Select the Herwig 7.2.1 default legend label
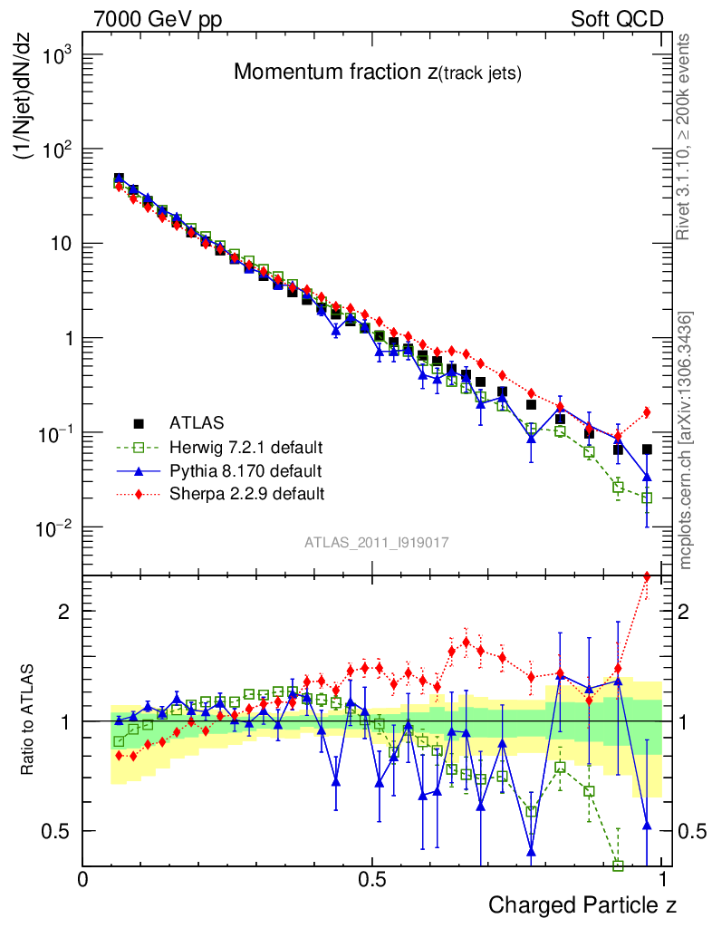[x=246, y=447]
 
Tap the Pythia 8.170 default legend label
[x=245, y=470]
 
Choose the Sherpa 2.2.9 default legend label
[x=247, y=494]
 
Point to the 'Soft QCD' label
[x=617, y=19]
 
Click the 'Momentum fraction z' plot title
[x=378, y=73]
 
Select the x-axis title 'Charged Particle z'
[x=582, y=904]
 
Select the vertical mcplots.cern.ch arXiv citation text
[x=687, y=440]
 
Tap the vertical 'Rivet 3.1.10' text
[x=686, y=138]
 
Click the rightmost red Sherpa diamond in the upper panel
[x=647, y=412]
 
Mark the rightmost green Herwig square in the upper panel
[x=647, y=498]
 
